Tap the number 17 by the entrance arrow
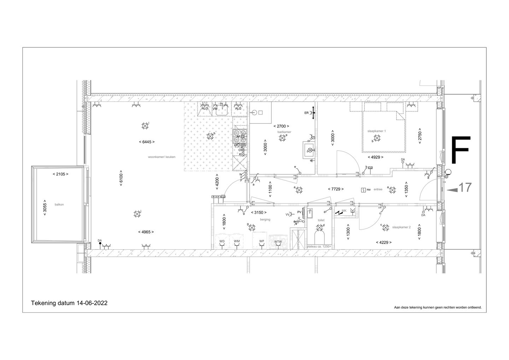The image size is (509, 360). pyautogui.click(x=465, y=187)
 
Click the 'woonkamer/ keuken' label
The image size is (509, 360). pyautogui.click(x=162, y=157)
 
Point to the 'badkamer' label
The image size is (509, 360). pyautogui.click(x=284, y=132)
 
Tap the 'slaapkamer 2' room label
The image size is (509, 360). pyautogui.click(x=401, y=227)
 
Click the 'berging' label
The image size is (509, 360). pyautogui.click(x=265, y=220)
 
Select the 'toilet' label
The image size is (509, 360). pyautogui.click(x=321, y=220)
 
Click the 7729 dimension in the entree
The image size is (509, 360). pyautogui.click(x=335, y=189)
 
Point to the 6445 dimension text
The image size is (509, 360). pyautogui.click(x=147, y=142)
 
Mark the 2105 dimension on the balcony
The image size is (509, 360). pyautogui.click(x=60, y=174)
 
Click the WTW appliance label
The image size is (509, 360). pyautogui.click(x=278, y=242)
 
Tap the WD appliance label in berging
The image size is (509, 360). pyautogui.click(x=222, y=241)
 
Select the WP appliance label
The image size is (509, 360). pyautogui.click(x=262, y=241)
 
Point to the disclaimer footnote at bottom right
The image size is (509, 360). pyautogui.click(x=438, y=308)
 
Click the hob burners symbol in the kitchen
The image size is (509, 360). pyautogui.click(x=240, y=135)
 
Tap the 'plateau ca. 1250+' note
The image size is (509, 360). pyautogui.click(x=319, y=246)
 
